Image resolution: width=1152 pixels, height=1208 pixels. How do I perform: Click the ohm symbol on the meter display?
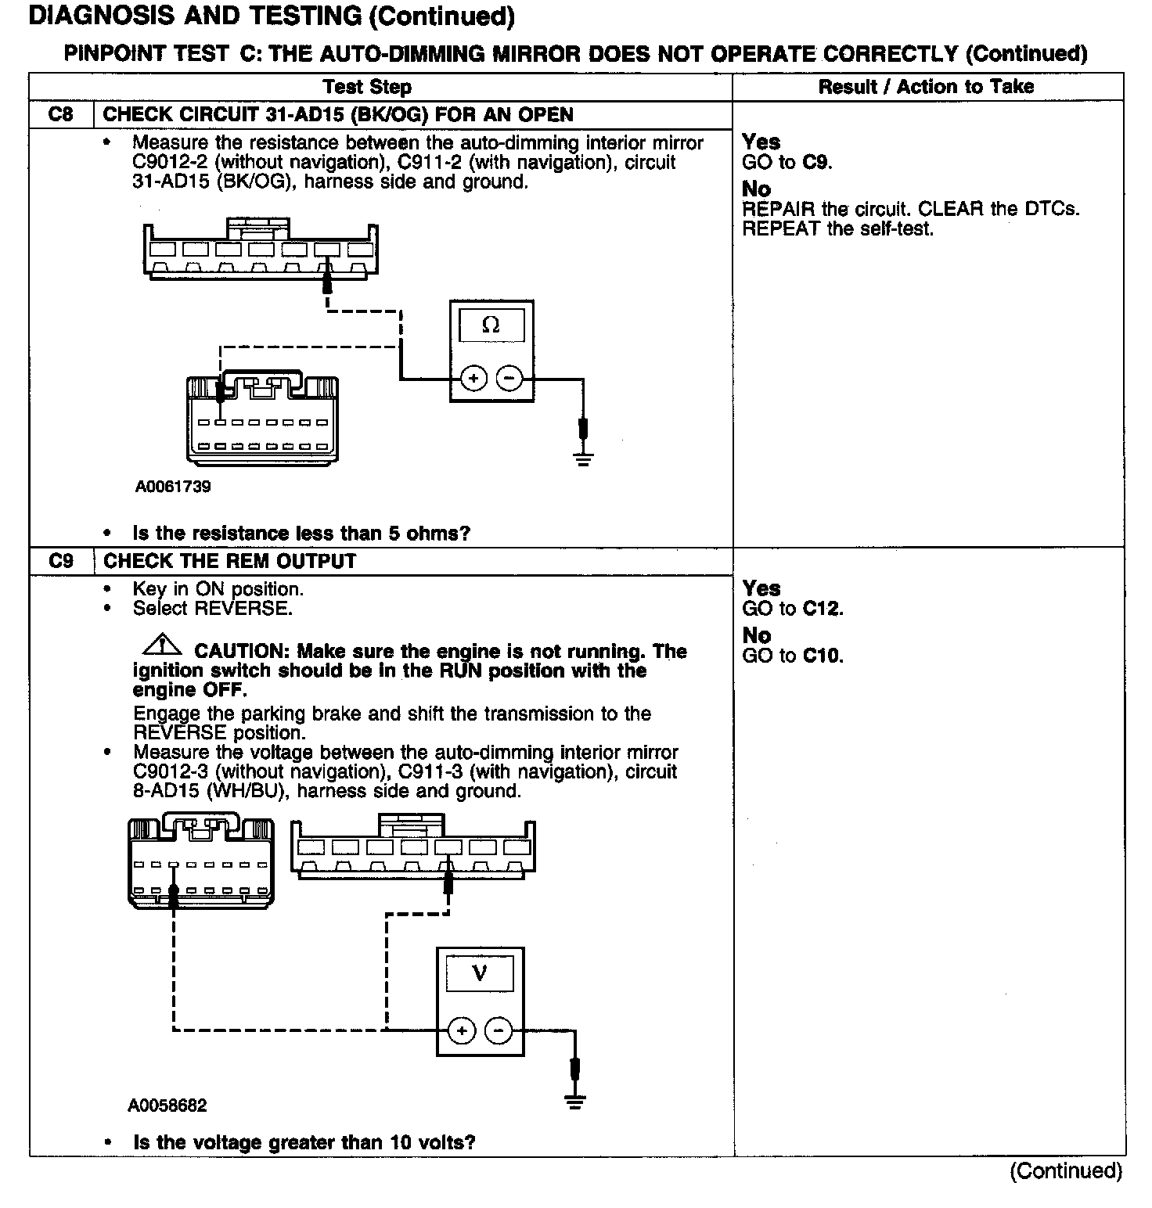pyautogui.click(x=491, y=325)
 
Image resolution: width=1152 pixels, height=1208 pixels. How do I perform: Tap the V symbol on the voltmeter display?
pyautogui.click(x=480, y=973)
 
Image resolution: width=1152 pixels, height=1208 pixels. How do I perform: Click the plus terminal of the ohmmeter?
pyautogui.click(x=473, y=379)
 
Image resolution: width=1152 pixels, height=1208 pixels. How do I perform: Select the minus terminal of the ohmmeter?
pyautogui.click(x=509, y=379)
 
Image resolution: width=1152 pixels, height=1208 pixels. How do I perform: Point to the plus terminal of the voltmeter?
pyautogui.click(x=462, y=1030)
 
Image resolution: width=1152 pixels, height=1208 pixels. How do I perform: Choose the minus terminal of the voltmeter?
pyautogui.click(x=499, y=1030)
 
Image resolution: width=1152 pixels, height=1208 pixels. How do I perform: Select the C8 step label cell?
pyautogui.click(x=61, y=114)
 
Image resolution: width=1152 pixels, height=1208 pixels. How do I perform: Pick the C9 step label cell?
pyautogui.click(x=61, y=561)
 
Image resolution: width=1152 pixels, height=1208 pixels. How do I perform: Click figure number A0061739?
pyautogui.click(x=173, y=487)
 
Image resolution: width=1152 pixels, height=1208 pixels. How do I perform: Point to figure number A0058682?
pyautogui.click(x=167, y=1106)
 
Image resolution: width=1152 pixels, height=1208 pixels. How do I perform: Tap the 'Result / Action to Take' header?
pyautogui.click(x=926, y=87)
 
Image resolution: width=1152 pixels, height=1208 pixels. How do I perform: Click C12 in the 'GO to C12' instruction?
pyautogui.click(x=823, y=609)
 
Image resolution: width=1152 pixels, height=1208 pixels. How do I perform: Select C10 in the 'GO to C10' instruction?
pyautogui.click(x=823, y=656)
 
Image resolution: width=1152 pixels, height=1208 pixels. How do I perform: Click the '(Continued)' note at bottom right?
pyautogui.click(x=1066, y=1170)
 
